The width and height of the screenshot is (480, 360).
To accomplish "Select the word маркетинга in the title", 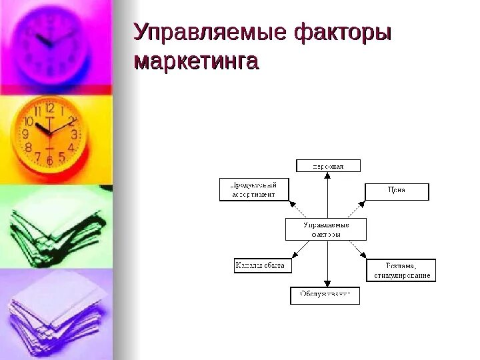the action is coord(196,62).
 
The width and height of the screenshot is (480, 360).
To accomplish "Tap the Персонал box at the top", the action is coord(328,165).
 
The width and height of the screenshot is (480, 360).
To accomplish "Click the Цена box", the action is coord(397,191).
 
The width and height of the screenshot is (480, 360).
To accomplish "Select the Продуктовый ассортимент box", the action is coord(255,190).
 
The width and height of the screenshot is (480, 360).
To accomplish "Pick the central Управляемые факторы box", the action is coord(327,229).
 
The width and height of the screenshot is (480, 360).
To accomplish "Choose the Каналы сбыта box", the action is coord(260,265).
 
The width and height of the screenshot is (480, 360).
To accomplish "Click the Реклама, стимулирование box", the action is coord(401,271).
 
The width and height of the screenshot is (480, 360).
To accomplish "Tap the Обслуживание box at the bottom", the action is coord(325,295).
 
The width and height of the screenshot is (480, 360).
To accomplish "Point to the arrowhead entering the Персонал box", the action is coord(327,175).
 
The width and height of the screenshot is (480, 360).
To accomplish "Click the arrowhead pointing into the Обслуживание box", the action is coord(327,283).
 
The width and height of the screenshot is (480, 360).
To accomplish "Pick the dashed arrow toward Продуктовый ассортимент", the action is coord(297,207).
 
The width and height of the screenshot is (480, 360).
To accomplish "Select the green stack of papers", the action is coord(53,227).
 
